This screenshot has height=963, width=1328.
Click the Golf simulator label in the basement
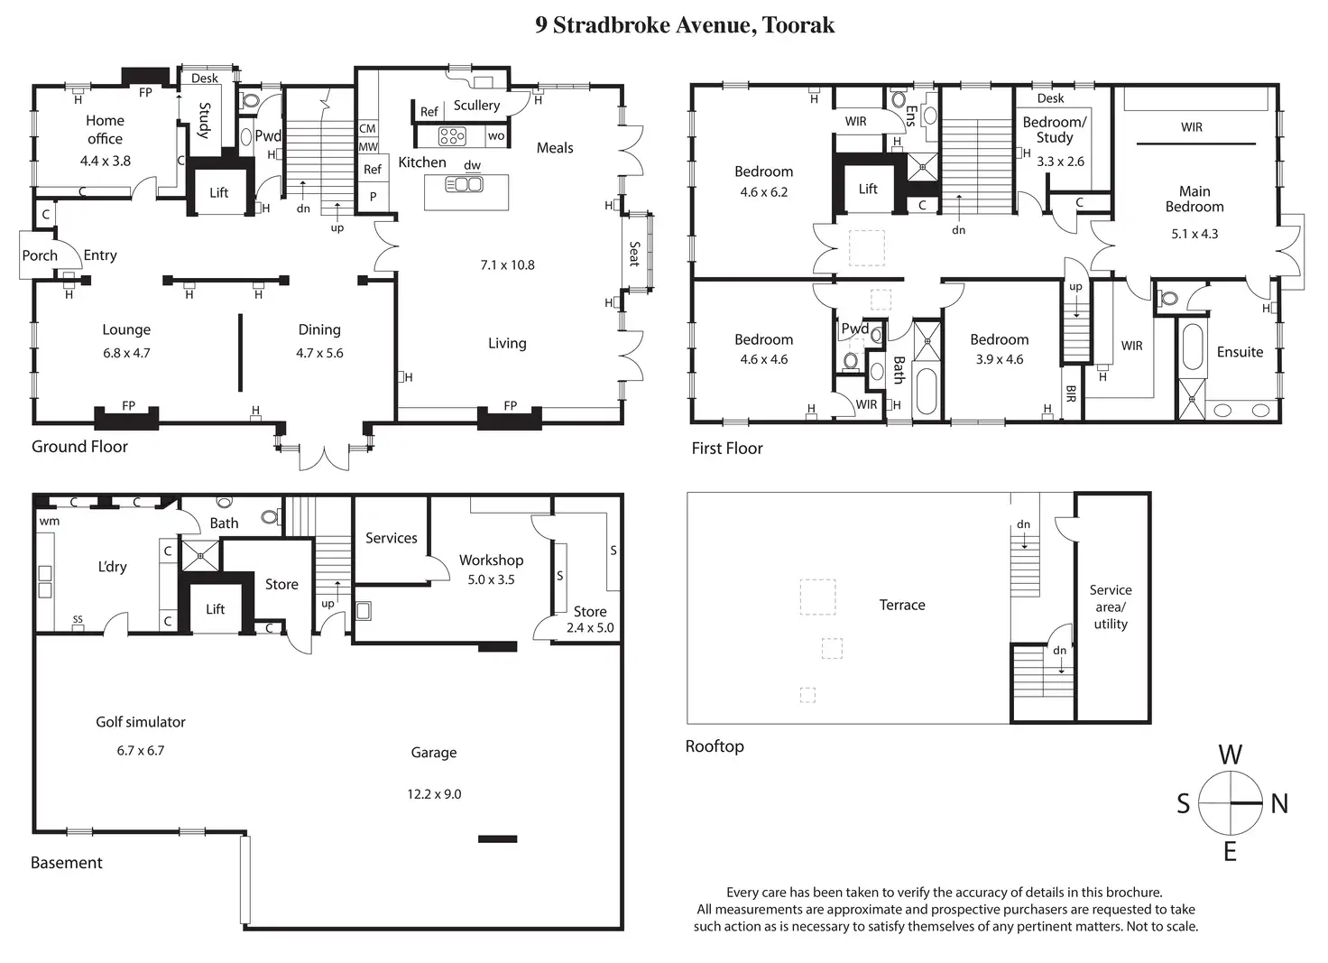click(141, 722)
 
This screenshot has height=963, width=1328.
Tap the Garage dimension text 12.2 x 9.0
click(434, 794)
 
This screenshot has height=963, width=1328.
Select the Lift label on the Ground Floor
click(218, 192)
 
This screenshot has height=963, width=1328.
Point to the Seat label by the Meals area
click(635, 254)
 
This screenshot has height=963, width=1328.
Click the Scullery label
click(476, 105)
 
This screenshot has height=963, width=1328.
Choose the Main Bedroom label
click(1194, 199)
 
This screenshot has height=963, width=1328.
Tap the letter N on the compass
click(1279, 803)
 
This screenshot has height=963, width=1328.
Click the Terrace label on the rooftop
click(902, 605)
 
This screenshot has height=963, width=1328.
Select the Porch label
click(40, 255)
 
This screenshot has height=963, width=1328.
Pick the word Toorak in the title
click(798, 25)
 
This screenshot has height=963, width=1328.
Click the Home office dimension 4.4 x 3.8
click(106, 161)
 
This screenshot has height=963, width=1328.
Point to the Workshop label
click(492, 560)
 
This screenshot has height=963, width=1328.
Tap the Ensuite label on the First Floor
click(1240, 352)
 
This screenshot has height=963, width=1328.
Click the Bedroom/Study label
click(1055, 130)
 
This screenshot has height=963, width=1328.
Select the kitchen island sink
click(465, 184)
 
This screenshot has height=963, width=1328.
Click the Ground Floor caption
click(79, 447)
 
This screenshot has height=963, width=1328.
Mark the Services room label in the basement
click(392, 538)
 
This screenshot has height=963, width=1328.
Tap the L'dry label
click(112, 566)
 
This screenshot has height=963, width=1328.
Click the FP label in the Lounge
click(129, 405)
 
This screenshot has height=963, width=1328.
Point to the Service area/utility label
click(1111, 607)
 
